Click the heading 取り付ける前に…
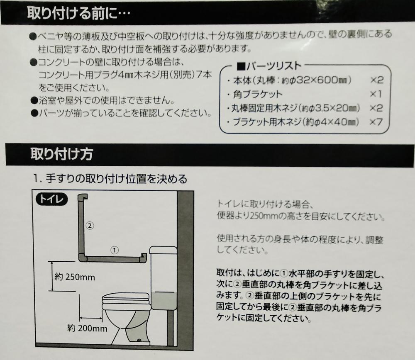point(78,12)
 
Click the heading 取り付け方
point(62,154)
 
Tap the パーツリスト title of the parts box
point(269,66)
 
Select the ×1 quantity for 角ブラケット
point(376,94)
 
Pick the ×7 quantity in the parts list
point(376,122)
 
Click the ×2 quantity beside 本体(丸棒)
point(377,80)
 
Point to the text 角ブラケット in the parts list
point(258,94)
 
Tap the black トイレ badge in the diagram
point(51,199)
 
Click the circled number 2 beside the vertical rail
point(90,226)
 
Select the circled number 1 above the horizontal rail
point(115,250)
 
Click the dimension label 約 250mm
point(75,277)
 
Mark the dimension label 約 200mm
point(87,328)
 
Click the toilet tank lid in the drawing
point(163,250)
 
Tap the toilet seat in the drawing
point(126,301)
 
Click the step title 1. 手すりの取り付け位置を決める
point(110,179)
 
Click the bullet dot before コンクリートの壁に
point(34,63)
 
